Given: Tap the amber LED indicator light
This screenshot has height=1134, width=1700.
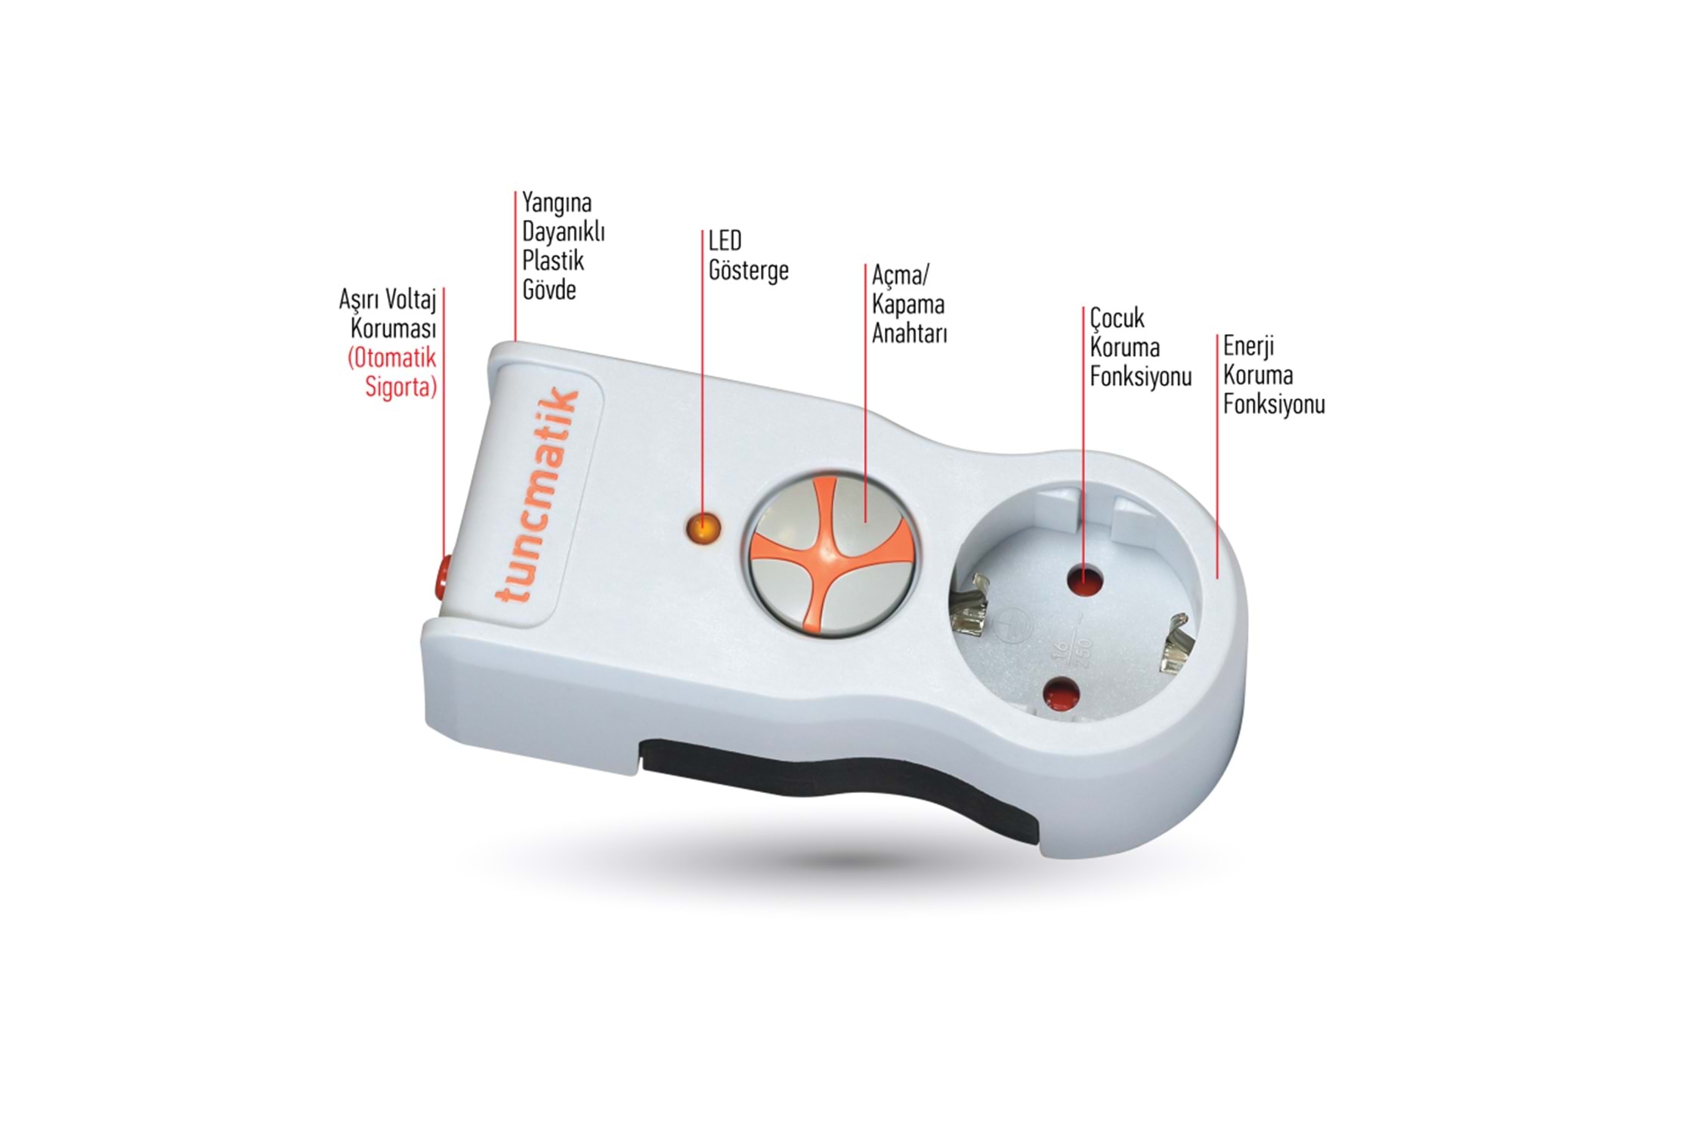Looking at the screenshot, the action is point(702,527).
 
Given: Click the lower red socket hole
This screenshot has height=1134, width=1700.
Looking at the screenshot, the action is point(1061,692).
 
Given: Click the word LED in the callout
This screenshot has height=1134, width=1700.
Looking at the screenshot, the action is point(725,241).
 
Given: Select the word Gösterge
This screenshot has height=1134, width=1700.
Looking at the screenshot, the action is point(748,271).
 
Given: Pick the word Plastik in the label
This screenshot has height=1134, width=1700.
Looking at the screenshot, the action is point(553,261).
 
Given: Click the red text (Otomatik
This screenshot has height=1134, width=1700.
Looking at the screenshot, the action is point(392,358).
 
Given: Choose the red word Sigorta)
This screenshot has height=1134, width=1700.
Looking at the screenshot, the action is point(401,386).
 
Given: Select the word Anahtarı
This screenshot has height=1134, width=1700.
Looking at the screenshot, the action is point(910,333).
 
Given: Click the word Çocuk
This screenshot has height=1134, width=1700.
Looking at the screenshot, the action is point(1117,318).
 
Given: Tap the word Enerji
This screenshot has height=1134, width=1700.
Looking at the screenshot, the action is point(1248,346).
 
